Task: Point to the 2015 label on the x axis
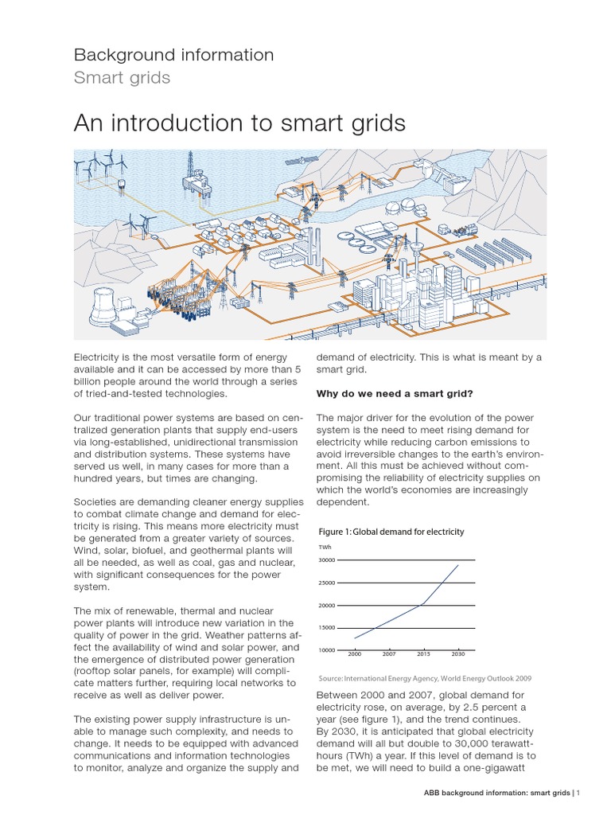click(x=423, y=653)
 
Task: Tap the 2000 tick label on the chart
click(x=355, y=653)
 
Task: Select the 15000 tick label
click(x=328, y=629)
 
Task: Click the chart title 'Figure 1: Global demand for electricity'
click(x=391, y=532)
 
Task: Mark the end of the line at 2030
click(x=459, y=565)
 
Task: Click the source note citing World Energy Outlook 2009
click(x=424, y=678)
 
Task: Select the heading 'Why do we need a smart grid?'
click(x=395, y=393)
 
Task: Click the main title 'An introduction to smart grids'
click(x=239, y=123)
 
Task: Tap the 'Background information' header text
click(x=173, y=55)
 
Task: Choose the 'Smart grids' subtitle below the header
click(x=122, y=78)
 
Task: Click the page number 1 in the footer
click(x=579, y=793)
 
